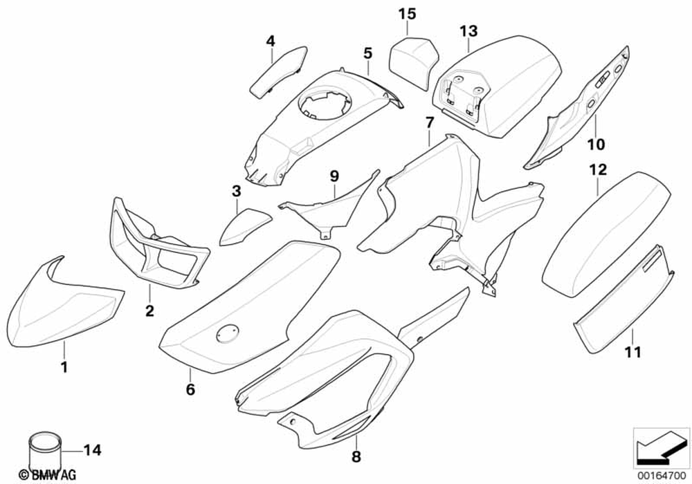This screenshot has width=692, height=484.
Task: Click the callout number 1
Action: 64,368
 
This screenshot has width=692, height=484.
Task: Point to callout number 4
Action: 271,41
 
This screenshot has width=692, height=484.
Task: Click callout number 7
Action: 429,123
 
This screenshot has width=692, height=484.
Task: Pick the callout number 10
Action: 596,144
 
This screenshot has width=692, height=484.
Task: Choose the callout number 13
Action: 468,30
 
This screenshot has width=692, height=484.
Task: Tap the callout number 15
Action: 408,13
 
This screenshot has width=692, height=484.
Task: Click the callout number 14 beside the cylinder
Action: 92,451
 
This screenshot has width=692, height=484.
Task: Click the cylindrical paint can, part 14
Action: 44,450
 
